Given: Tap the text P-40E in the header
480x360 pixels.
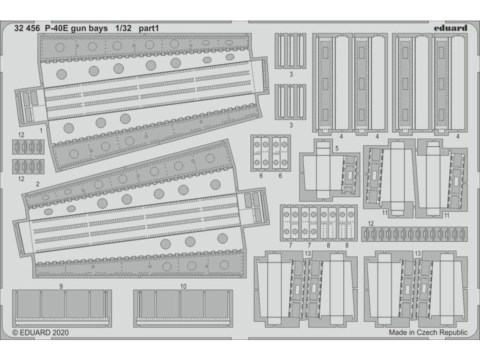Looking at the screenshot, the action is pos(57,28).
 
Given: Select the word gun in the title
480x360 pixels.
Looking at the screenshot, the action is pos(79,28).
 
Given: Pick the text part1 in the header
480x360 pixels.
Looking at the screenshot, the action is pos(149,28).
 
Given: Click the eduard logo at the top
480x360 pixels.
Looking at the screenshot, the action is pos(450,28).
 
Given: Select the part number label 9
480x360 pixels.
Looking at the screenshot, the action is pos(61,285).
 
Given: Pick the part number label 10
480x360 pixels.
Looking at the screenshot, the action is pos(183,285).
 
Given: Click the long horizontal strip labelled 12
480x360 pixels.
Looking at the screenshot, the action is pos(413,233).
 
